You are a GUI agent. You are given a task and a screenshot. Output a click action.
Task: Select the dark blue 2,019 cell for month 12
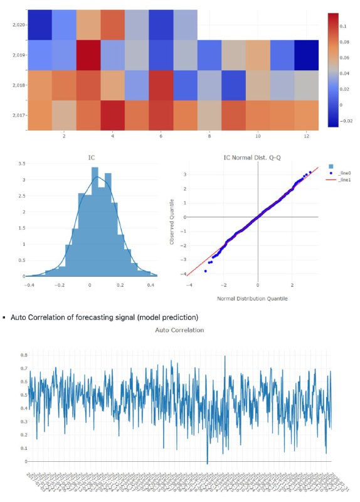point(306,55)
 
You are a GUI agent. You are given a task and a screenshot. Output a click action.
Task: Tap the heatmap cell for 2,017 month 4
point(112,114)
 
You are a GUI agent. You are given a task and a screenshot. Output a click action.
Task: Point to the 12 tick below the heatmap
point(306,135)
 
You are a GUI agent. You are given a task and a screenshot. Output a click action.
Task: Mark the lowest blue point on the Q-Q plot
point(206,270)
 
